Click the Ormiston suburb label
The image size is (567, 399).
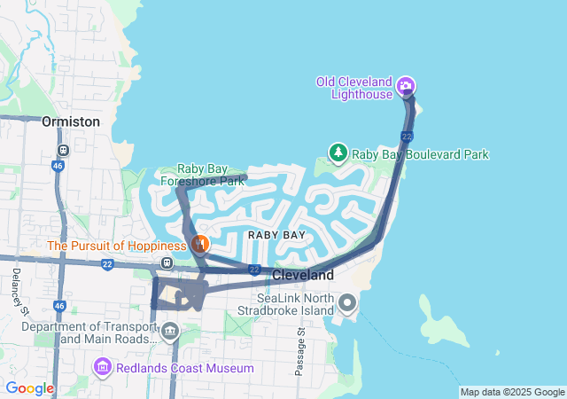tap(71, 121)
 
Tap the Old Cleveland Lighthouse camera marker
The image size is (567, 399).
tap(406, 86)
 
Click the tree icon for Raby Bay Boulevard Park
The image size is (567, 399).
tap(338, 153)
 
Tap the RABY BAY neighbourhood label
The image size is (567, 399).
tap(276, 235)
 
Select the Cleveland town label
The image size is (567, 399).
tap(303, 276)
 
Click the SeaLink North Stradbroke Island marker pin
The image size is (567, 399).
tap(347, 303)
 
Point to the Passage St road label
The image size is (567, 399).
tap(300, 352)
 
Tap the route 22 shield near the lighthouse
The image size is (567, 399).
tap(406, 136)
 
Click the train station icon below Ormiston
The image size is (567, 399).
tap(62, 150)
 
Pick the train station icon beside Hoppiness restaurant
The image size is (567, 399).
tap(167, 262)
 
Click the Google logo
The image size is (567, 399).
tap(29, 388)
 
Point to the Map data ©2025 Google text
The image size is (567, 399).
tap(512, 392)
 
